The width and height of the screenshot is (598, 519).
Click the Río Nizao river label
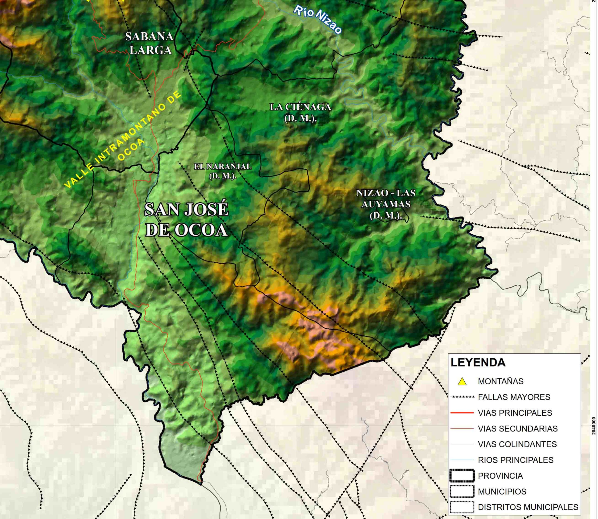click(318, 19)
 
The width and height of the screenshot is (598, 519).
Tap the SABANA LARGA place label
click(149, 43)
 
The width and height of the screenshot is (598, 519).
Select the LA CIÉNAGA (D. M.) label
click(300, 112)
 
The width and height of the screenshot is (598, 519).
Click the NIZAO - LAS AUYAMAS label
click(386, 204)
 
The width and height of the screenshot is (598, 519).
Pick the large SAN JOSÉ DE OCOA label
click(187, 220)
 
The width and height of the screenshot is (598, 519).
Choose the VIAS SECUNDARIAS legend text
click(518, 428)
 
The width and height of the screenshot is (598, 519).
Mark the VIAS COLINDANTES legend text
click(517, 444)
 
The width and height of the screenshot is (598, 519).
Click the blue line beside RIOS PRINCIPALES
click(462, 460)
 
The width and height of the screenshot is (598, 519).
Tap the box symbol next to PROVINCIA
click(462, 475)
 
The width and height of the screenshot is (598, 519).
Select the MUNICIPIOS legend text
click(502, 491)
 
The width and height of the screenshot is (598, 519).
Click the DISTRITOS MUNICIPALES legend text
click(528, 507)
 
